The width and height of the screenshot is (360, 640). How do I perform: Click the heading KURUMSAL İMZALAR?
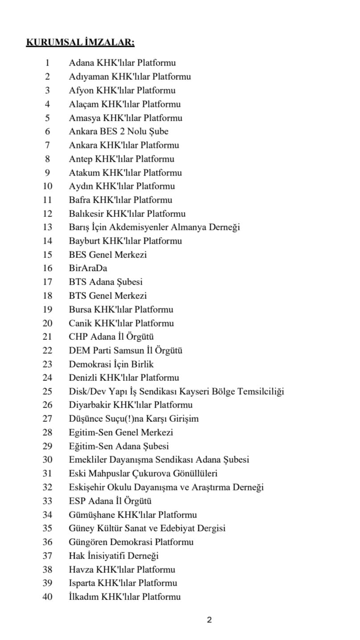coord(80,43)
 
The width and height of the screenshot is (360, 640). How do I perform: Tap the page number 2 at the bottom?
coord(209,620)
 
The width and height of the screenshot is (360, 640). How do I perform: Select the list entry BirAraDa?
coord(88,268)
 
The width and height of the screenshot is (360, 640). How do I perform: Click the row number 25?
coord(47,391)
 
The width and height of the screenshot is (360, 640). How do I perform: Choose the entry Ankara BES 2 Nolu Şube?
coord(119,131)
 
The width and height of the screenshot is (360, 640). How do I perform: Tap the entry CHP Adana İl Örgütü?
coord(111,337)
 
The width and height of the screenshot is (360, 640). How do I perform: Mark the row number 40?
coord(47,597)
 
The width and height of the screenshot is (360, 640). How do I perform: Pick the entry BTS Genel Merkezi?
coord(107,296)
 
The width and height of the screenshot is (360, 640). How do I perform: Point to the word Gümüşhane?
coord(91,515)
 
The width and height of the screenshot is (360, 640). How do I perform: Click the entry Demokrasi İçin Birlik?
coord(111,364)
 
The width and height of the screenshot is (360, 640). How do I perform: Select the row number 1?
coord(47,63)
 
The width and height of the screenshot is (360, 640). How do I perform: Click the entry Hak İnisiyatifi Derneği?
coord(114,556)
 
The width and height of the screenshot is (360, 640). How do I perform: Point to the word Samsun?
coord(137,351)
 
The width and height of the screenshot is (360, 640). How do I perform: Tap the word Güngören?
coord(88,542)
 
